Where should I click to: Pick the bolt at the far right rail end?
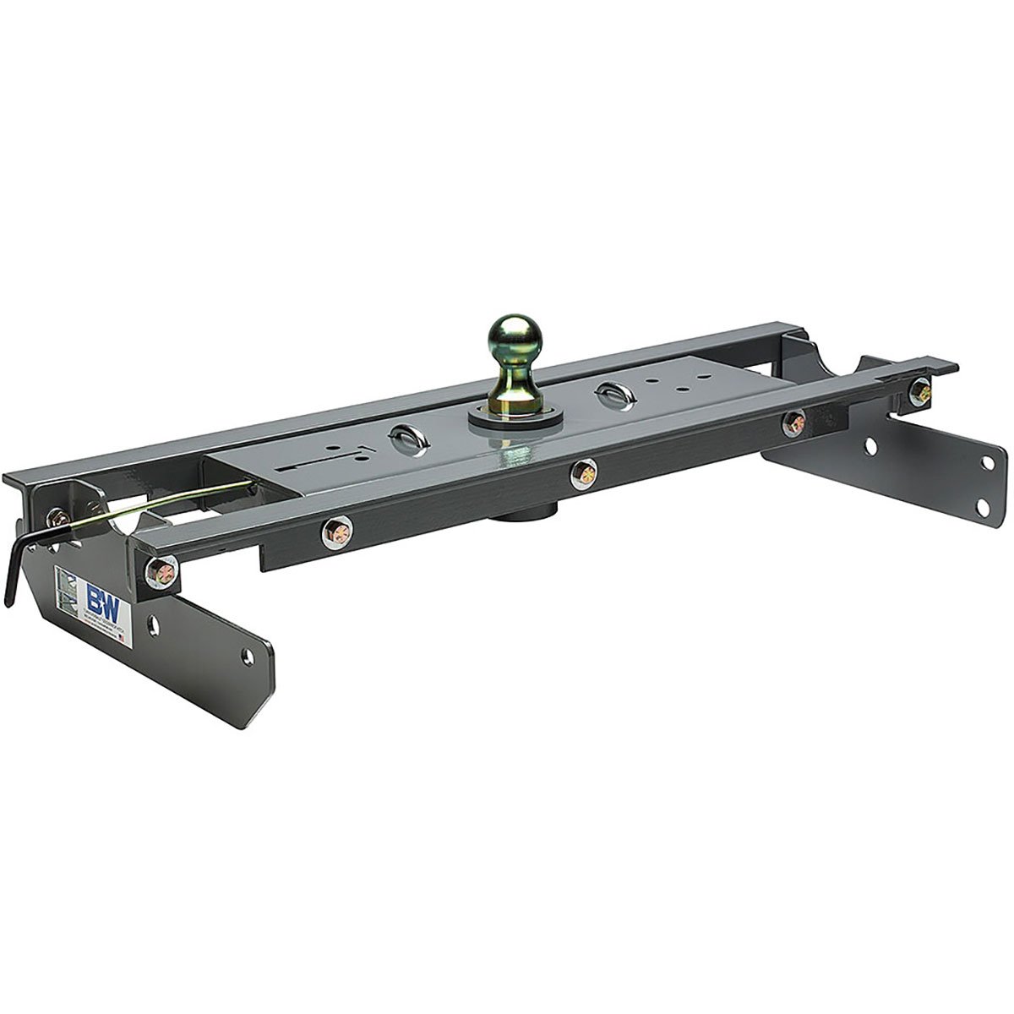pos(920,390)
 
